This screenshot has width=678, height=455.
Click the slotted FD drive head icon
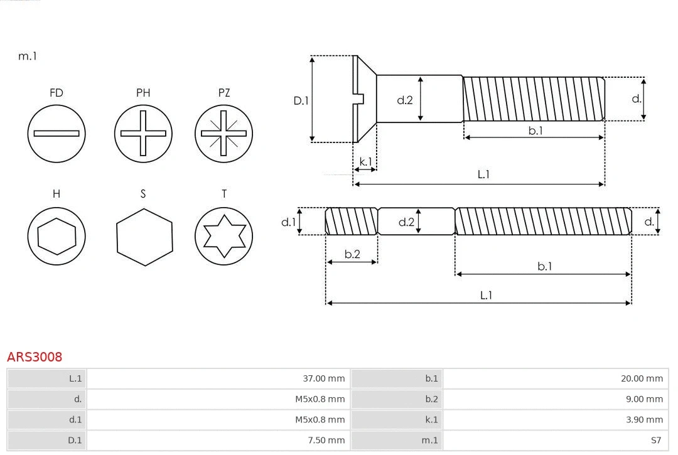pos(56,133)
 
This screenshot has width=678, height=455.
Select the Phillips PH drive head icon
pos(143,133)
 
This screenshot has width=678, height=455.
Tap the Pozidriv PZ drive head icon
pos(224,133)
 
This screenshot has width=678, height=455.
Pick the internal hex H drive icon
pos(56,237)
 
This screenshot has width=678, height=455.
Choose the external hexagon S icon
pos(144,237)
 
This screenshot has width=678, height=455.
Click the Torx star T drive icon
pos(224,237)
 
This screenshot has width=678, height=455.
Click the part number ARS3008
pos(35,357)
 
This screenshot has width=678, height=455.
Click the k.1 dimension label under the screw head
pos(365,161)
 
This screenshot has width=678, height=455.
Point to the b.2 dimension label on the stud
pos(352,254)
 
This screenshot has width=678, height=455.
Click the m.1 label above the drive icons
pos(28,56)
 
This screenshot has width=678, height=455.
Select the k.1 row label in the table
pos(431,420)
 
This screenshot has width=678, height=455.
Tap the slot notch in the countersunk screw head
pos(360,99)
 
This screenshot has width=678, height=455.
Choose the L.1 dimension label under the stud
pos(486,295)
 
